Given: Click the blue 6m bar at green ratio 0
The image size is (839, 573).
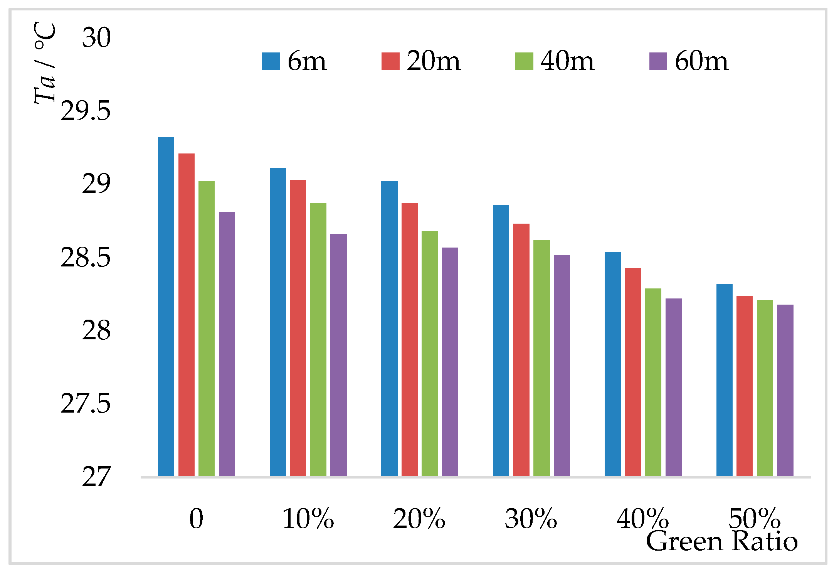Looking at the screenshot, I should (x=166, y=307).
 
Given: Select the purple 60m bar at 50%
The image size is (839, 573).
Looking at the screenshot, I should (x=785, y=390).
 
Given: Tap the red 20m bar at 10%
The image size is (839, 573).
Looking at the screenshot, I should (x=298, y=328).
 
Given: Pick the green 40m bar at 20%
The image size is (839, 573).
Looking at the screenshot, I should (x=430, y=353).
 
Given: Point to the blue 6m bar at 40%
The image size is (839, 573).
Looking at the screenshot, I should (x=612, y=364).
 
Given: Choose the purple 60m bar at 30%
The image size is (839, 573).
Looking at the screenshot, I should (x=562, y=365).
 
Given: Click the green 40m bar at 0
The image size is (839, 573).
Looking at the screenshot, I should (x=207, y=329).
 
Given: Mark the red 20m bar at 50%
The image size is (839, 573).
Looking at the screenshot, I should (x=744, y=386).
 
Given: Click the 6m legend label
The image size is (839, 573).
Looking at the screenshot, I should (x=307, y=61).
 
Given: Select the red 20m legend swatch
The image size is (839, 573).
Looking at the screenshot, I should (x=390, y=61).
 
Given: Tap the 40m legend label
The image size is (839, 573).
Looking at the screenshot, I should (x=567, y=61).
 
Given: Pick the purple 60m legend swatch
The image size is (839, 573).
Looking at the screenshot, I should (x=658, y=61).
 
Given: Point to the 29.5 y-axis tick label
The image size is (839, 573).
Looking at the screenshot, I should (x=86, y=111).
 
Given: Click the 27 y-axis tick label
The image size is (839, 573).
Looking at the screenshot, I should (x=96, y=477).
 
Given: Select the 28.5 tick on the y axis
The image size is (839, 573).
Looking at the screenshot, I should (x=86, y=258).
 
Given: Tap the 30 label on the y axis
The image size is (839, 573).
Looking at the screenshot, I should (x=96, y=38).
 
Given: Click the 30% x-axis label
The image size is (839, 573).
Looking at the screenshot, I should (x=531, y=519).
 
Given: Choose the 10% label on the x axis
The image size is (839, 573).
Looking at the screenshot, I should (x=308, y=519).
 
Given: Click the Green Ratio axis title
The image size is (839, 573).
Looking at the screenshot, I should (x=721, y=541).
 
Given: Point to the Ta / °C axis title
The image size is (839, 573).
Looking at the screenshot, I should (x=45, y=64).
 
